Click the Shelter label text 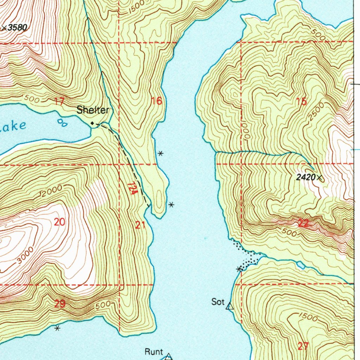coord(93,110)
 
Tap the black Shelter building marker coord(92,123)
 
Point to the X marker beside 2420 coord(319,178)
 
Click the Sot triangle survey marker coord(230,307)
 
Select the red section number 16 coord(156,102)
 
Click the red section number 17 coord(59,102)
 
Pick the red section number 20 coord(60,222)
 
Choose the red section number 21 coord(140,225)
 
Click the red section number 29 coord(59,304)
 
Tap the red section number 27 coord(303,346)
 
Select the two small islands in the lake coord(62,122)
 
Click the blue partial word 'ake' coord(13,126)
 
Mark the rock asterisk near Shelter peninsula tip coord(171,204)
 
